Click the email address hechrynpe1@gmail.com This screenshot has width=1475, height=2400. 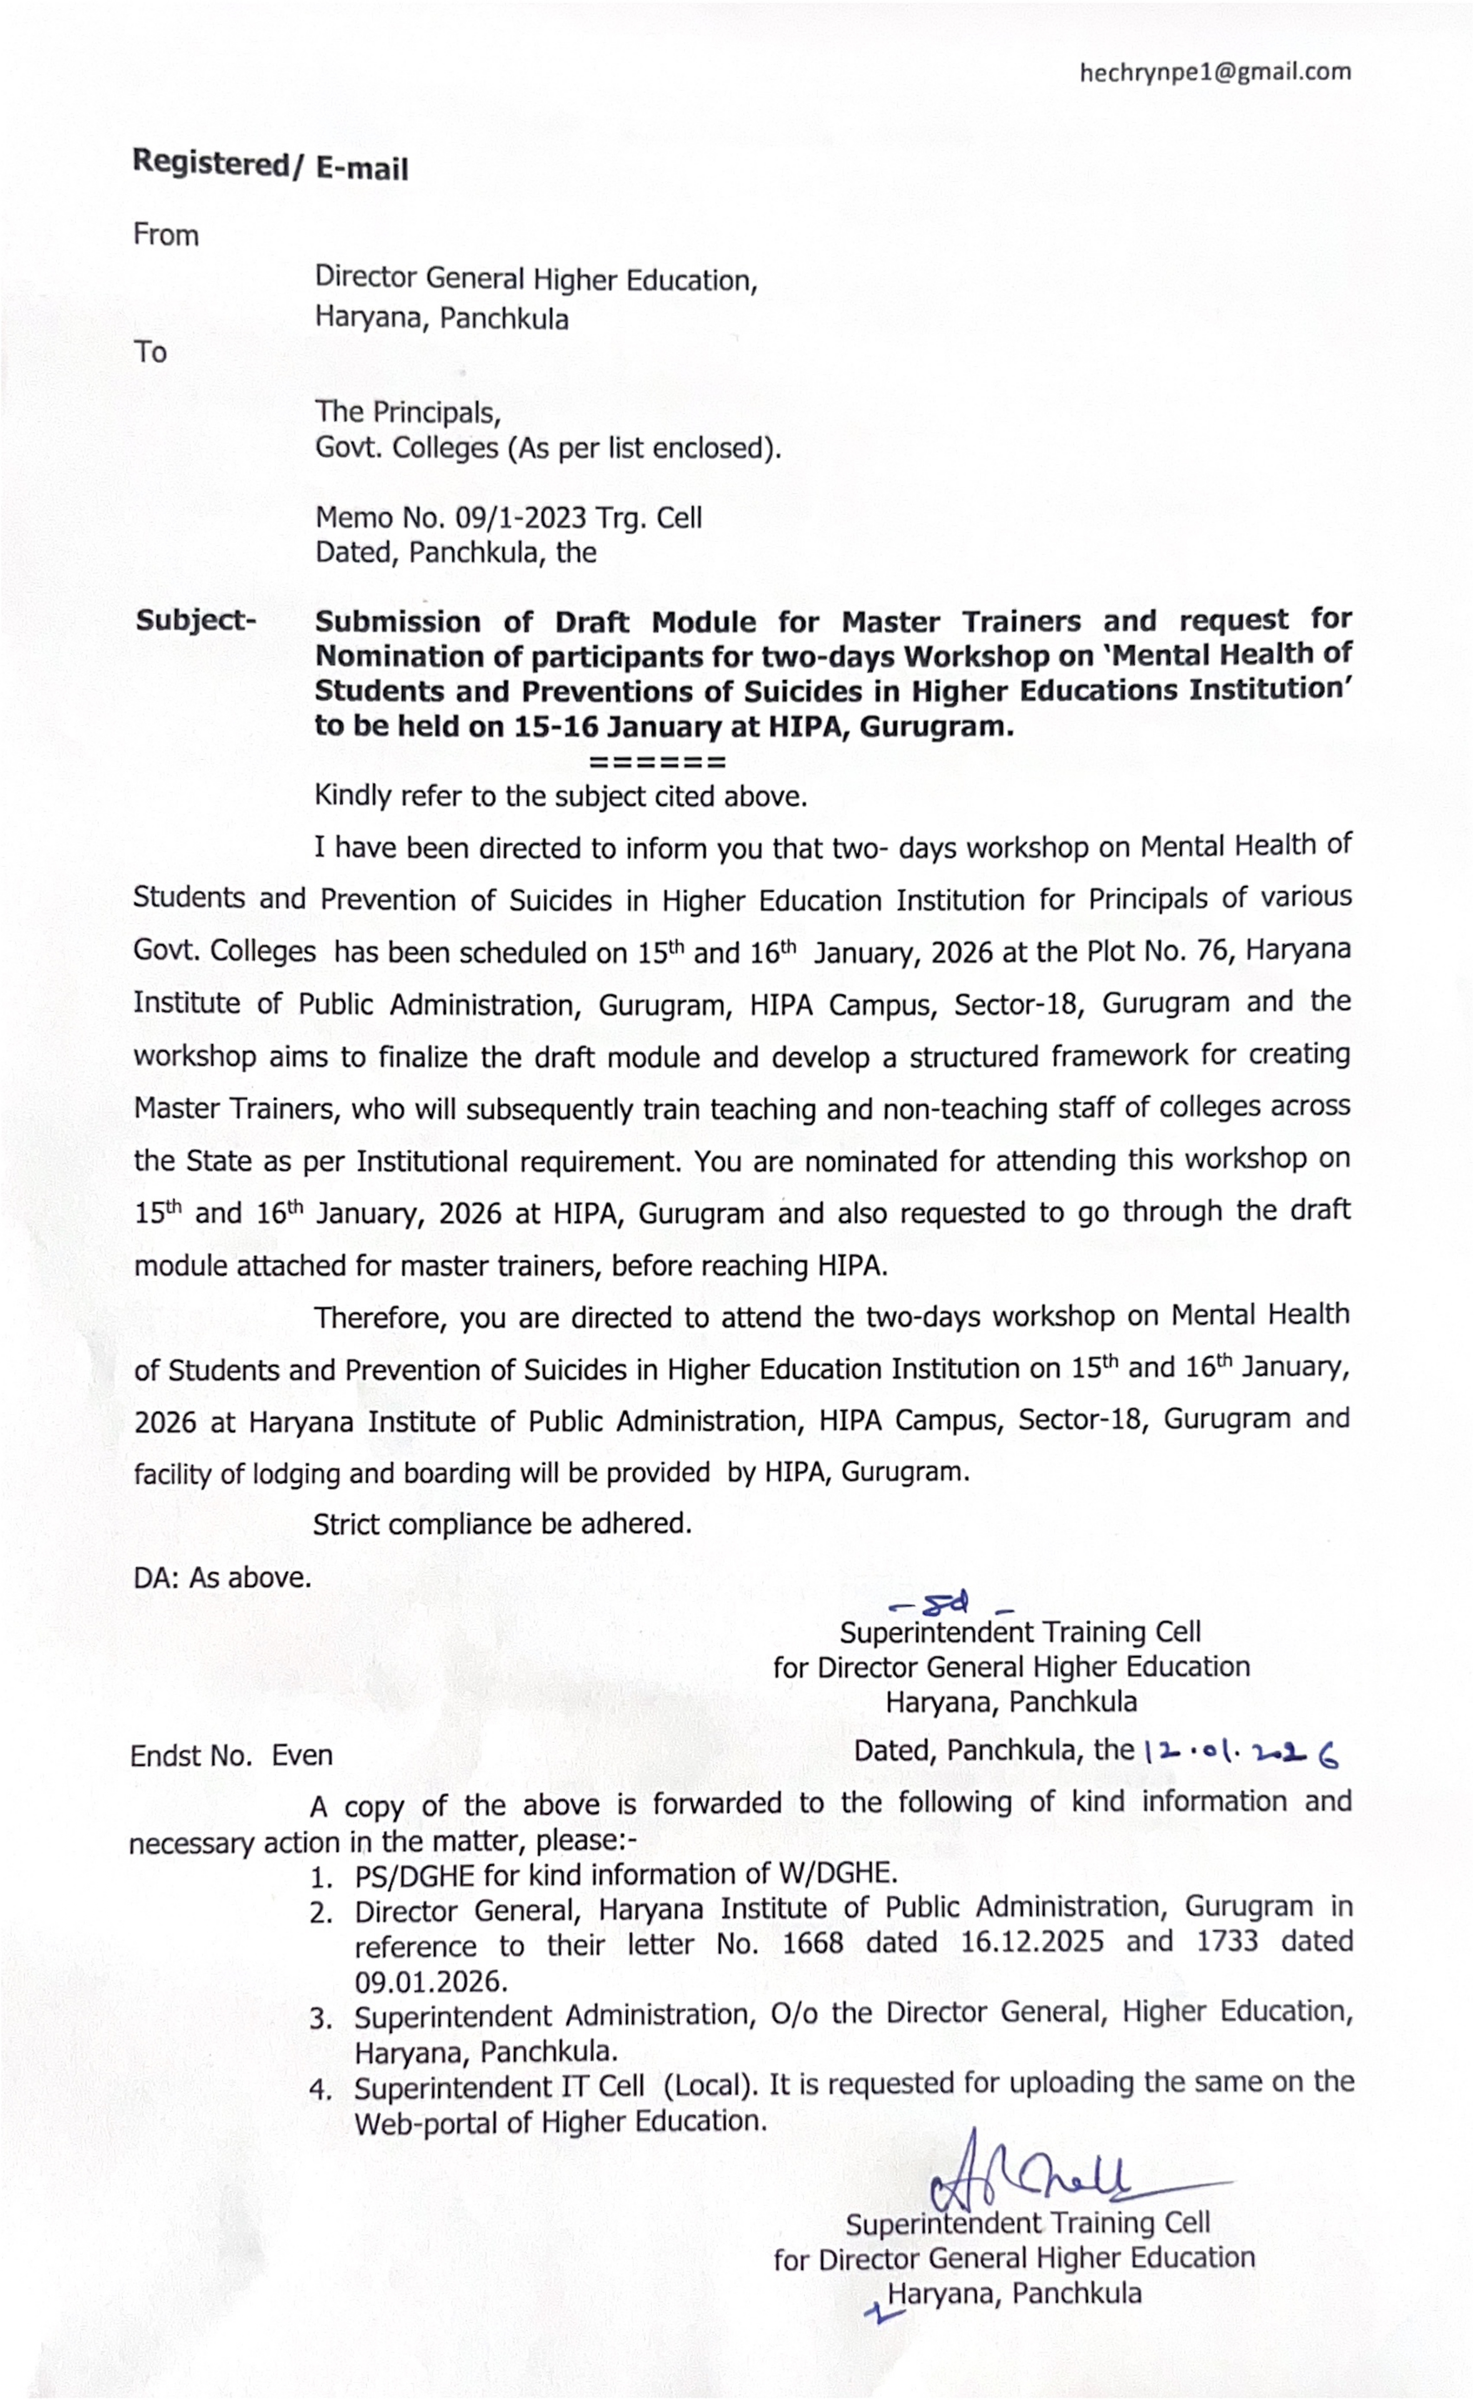coord(1214,72)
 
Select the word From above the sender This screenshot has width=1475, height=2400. coord(166,235)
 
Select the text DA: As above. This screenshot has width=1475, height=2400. coord(223,1578)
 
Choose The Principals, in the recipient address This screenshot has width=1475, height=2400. coord(408,413)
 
